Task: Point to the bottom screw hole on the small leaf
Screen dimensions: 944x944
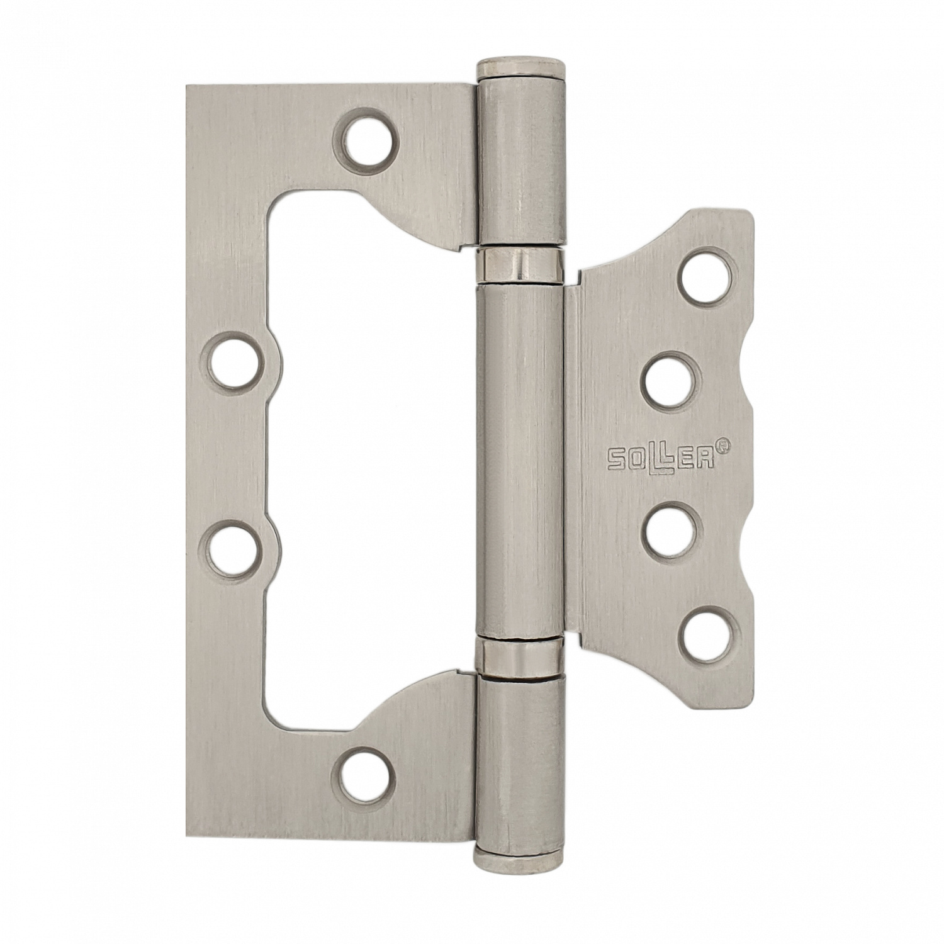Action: click(x=706, y=631)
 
